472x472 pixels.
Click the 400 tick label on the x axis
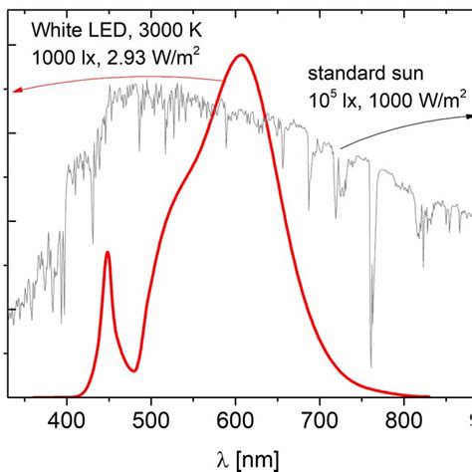tap(67, 417)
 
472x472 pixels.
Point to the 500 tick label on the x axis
tap(151, 417)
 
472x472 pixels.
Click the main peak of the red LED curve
tap(240, 56)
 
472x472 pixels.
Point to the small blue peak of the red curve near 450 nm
tap(107, 253)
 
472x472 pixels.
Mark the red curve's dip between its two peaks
tap(134, 370)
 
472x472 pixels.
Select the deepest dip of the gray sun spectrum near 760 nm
tap(371, 365)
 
